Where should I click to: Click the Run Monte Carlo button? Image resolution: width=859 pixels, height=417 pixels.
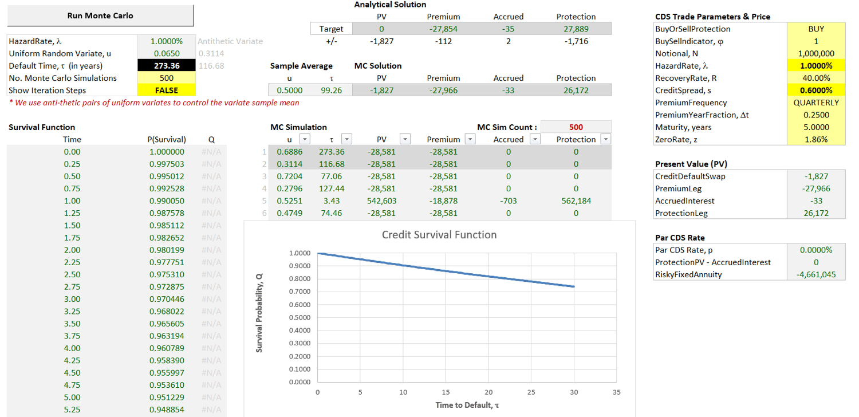pos(100,15)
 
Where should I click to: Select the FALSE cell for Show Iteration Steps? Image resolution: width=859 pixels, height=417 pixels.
pos(167,90)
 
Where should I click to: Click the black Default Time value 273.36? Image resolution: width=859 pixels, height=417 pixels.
pos(167,66)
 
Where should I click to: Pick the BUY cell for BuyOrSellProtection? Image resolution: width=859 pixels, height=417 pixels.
pos(816,29)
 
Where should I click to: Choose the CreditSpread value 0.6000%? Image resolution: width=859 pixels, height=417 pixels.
pos(816,90)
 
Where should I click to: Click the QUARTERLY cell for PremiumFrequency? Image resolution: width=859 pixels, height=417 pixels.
pos(816,103)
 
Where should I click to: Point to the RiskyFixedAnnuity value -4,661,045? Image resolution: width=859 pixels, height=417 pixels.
pos(816,274)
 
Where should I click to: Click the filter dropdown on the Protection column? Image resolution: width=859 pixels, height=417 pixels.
pos(605,139)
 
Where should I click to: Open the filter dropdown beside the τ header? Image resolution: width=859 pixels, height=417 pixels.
pos(346,139)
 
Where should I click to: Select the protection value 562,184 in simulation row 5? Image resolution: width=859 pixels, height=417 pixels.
pos(576,201)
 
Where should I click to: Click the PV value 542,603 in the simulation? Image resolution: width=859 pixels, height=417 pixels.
pos(381,201)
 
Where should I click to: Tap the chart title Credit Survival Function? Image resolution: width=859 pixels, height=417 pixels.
pos(439,235)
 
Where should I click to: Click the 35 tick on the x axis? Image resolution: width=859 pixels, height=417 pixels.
pos(617,392)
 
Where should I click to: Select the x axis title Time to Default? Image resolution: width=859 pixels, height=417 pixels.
pos(467,406)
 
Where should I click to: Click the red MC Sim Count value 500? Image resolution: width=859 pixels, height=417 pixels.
pos(576,127)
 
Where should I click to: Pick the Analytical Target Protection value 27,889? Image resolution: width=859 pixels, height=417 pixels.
pos(576,29)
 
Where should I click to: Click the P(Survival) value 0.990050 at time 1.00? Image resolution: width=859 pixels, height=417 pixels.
pos(167,201)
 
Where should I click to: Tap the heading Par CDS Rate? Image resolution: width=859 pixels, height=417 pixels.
pos(680,238)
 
